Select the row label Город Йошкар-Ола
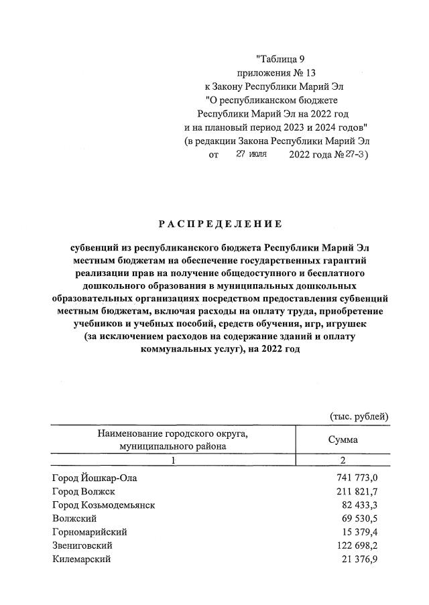click(97, 478)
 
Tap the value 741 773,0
click(357, 478)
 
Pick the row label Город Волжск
click(84, 491)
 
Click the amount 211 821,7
click(357, 491)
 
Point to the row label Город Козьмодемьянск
click(103, 505)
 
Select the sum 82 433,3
click(359, 505)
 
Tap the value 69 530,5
click(359, 518)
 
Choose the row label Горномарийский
click(89, 531)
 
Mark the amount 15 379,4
click(359, 531)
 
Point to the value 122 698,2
click(357, 545)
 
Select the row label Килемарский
click(81, 559)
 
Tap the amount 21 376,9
click(359, 559)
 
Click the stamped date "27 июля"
click(251, 155)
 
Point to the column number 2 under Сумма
click(342, 461)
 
